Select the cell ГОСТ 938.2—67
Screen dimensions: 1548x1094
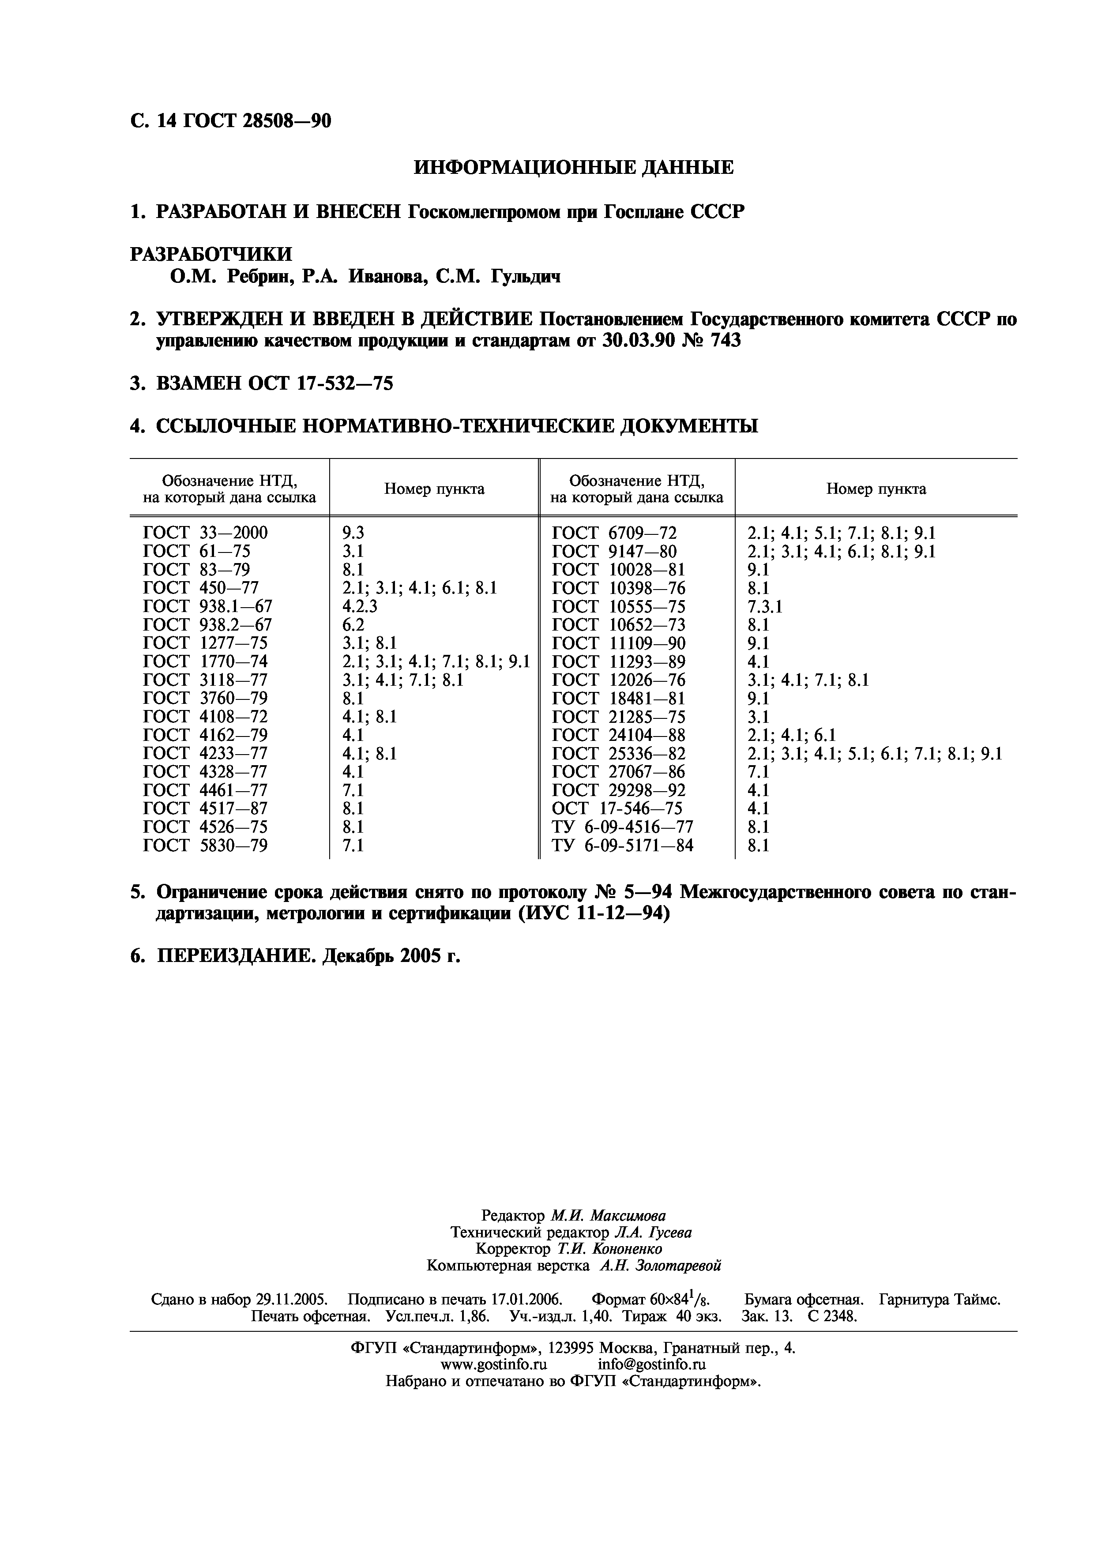pos(207,625)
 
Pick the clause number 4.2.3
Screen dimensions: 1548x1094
pos(360,606)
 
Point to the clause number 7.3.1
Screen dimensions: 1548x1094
pos(764,606)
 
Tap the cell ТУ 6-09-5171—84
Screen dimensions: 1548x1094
pos(622,845)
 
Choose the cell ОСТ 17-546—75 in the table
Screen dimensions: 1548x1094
pos(617,808)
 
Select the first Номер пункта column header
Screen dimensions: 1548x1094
pos(434,489)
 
